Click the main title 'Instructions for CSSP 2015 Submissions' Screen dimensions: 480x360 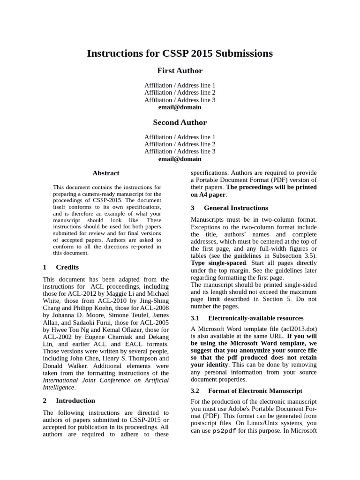[x=180, y=53]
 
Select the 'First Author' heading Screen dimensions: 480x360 [x=180, y=71]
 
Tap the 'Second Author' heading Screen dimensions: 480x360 [x=180, y=122]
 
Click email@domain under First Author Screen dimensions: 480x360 [x=180, y=107]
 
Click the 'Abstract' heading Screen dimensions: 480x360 [x=106, y=173]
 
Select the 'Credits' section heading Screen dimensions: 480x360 [x=67, y=267]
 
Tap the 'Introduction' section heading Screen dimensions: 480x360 [x=75, y=401]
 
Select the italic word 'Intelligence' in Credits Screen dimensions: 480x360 [x=59, y=388]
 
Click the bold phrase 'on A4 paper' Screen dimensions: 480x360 [x=209, y=195]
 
